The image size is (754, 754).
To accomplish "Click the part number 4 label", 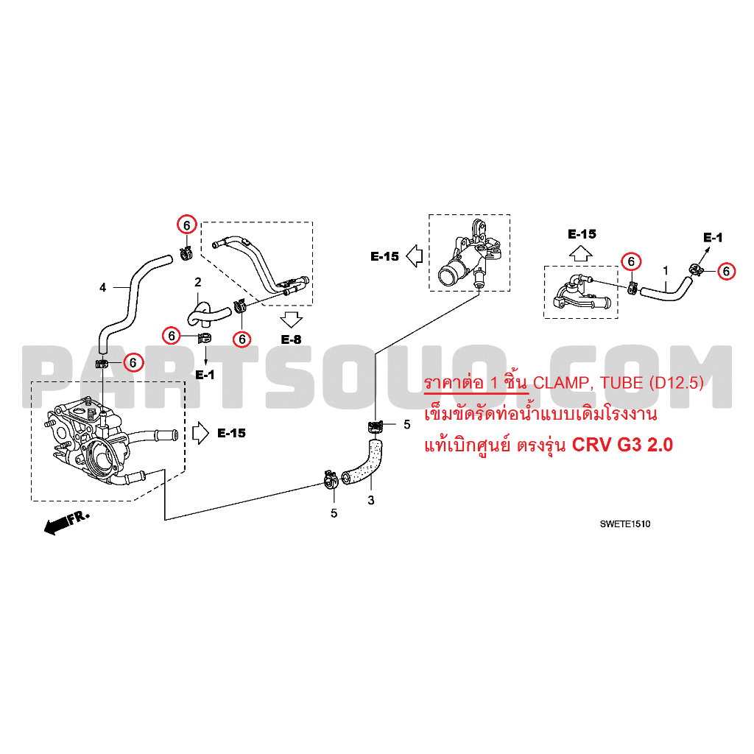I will pos(103,287).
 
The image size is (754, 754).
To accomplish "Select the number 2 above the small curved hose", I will pos(197,282).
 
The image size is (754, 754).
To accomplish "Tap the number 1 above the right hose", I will pos(666,271).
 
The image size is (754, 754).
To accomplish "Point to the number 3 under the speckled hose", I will pos(370,501).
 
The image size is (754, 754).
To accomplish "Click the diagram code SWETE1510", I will pos(624,524).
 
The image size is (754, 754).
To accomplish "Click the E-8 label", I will pos(292,339).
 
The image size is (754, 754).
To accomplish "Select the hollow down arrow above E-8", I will pos(292,320).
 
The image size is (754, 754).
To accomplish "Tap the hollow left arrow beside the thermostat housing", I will pos(414,256).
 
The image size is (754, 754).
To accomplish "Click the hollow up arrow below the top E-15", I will pos(581,253).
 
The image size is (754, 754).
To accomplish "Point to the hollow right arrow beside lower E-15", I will pos(200,433).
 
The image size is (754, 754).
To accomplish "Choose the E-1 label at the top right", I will pos(713,237).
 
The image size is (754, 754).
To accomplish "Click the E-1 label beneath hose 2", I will pos(205,375).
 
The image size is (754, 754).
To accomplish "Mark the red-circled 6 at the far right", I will pos(726,271).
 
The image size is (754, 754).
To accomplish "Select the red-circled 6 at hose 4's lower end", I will pos(133,362).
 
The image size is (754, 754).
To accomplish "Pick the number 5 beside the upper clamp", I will pos(406,424).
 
